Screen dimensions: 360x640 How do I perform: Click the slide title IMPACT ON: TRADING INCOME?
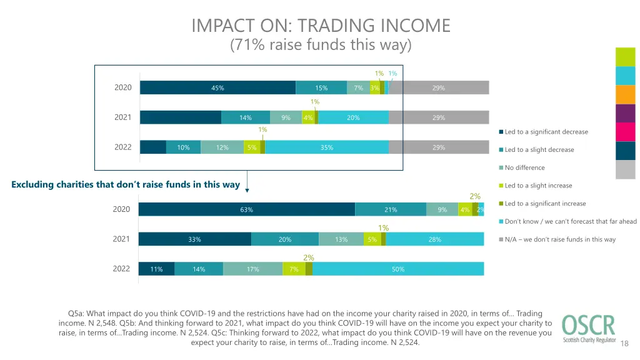point(321,26)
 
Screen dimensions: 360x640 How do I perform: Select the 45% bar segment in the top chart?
point(217,88)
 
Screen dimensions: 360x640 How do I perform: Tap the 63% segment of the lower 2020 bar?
point(246,210)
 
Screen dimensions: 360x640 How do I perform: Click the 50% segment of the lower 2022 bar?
point(398,269)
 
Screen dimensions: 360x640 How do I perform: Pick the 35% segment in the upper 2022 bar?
point(326,147)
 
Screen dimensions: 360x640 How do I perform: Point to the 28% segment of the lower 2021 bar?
point(435,239)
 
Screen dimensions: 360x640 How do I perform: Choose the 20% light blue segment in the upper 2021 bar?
point(353,117)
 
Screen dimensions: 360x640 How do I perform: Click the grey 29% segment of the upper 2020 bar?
point(439,88)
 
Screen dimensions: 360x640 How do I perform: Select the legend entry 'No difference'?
point(524,167)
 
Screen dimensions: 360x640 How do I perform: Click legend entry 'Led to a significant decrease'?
point(546,132)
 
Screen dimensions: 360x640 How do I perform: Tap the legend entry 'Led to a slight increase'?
point(537,186)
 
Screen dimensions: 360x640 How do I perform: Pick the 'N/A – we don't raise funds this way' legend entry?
point(559,239)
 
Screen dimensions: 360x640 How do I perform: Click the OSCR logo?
point(587,329)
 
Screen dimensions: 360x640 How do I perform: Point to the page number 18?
point(626,342)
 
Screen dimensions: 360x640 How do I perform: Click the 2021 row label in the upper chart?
point(123,117)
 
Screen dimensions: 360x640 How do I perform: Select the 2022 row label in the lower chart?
point(121,269)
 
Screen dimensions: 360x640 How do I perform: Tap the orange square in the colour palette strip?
point(626,94)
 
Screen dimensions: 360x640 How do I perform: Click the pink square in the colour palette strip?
point(626,132)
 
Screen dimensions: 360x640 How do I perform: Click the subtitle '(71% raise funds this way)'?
point(321,46)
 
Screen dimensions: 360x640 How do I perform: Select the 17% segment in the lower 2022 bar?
point(252,269)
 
